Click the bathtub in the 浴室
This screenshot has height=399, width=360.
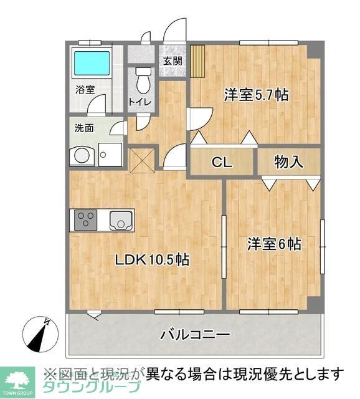click(x=92, y=63)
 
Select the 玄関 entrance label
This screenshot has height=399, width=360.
click(x=173, y=61)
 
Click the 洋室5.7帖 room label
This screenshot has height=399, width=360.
click(x=256, y=95)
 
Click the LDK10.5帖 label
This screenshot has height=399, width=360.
click(x=151, y=259)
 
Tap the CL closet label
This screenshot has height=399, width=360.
click(x=222, y=163)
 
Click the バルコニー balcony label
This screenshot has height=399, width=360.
click(x=195, y=335)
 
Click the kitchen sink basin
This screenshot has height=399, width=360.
click(x=120, y=220)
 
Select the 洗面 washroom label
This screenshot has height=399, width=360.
click(x=84, y=128)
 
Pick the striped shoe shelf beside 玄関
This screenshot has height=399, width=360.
click(x=198, y=61)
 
